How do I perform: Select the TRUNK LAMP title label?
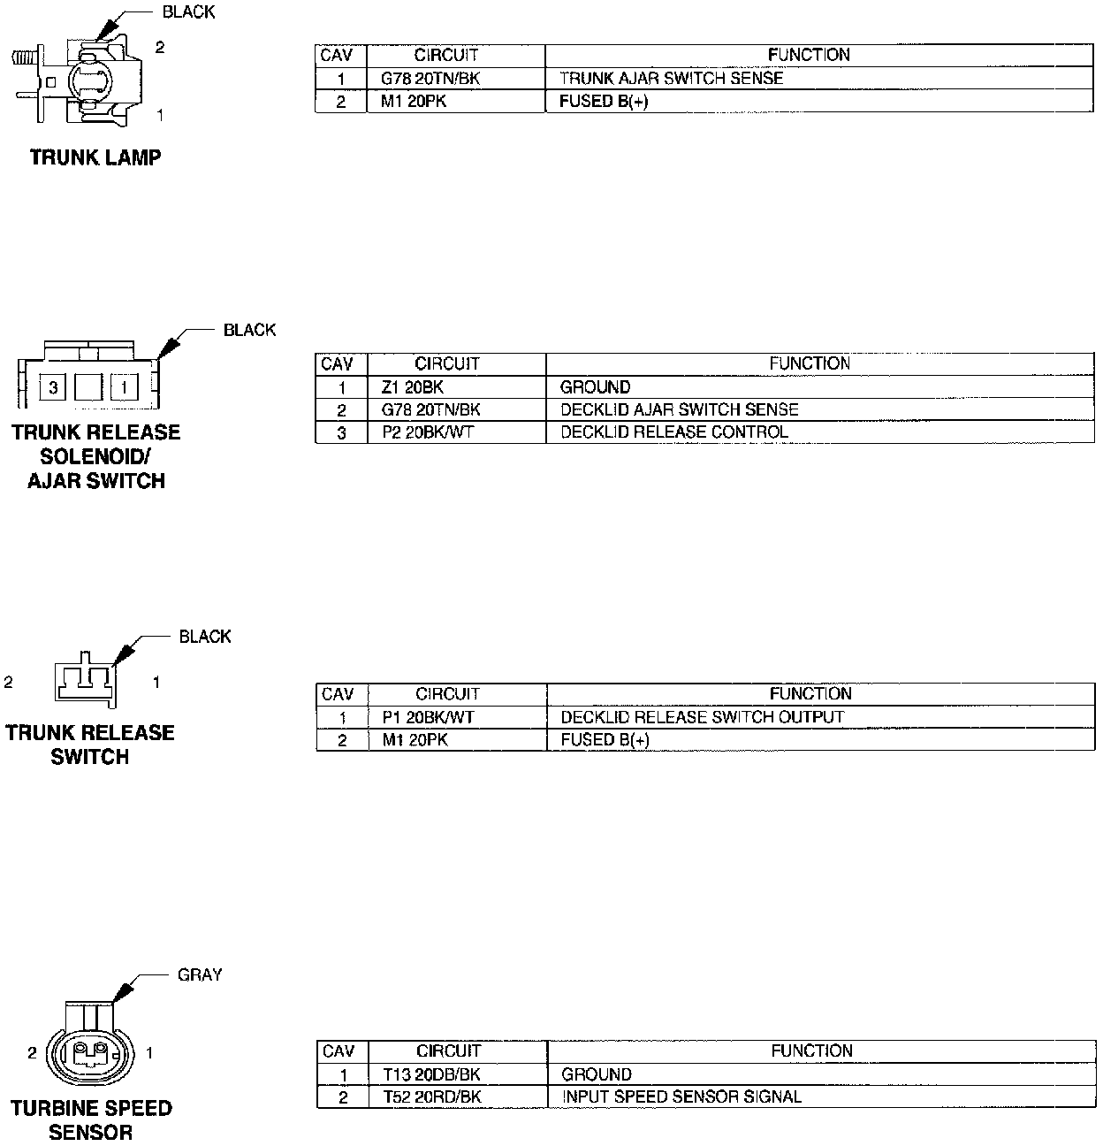click(x=95, y=158)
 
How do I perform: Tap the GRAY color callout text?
click(x=200, y=974)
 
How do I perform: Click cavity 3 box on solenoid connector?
click(x=54, y=386)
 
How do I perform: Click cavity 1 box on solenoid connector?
click(x=125, y=386)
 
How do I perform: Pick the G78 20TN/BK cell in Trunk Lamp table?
click(x=430, y=79)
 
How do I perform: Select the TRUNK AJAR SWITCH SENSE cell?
click(x=672, y=79)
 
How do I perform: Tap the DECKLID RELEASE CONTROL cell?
click(x=673, y=432)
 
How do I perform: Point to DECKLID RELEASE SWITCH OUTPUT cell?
click(x=703, y=717)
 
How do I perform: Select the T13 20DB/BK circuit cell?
click(x=432, y=1074)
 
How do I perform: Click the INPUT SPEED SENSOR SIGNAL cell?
click(x=681, y=1097)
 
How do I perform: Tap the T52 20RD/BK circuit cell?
click(x=432, y=1097)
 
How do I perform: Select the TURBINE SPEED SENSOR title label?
click(x=91, y=1119)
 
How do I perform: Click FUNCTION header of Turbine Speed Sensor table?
click(x=811, y=1051)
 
